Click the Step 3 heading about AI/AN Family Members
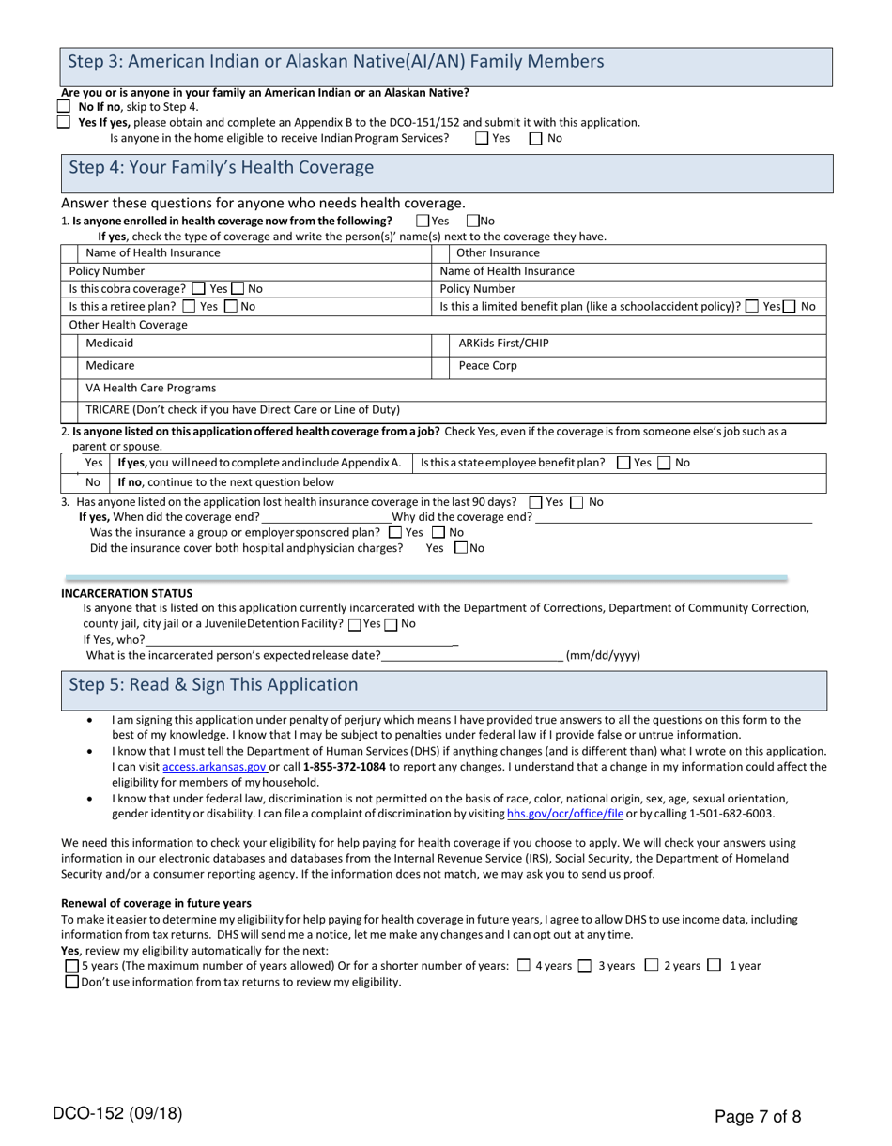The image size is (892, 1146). pos(336,62)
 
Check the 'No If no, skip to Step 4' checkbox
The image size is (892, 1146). pos(64,107)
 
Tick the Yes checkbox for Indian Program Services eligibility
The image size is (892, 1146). pos(482,138)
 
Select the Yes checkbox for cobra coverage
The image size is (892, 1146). pos(198,289)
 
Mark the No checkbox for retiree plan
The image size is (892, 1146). pos(232,306)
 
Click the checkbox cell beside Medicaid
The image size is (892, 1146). pos(69,344)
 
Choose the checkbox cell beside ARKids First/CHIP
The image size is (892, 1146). pos(440,344)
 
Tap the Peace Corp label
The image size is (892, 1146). pos(487,366)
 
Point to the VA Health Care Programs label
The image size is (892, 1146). pos(150,388)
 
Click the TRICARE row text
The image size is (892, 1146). pos(242,409)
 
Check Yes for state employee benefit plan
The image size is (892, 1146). pos(623,463)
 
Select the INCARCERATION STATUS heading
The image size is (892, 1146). pos(127,593)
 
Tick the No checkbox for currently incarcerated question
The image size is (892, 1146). pos(391,624)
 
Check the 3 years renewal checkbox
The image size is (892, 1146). pos(585,966)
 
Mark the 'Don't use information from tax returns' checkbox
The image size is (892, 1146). pos(71,982)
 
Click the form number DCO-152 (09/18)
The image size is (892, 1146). pos(117,1115)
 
